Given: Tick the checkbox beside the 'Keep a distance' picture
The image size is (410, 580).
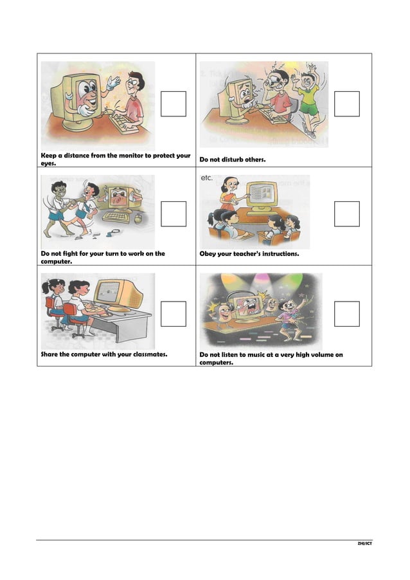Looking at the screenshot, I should (174, 104).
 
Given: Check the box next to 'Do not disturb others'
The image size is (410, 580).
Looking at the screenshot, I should (347, 104).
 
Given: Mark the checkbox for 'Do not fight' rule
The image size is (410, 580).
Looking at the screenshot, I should (174, 214).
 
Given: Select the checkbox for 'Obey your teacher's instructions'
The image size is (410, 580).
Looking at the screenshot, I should (347, 214).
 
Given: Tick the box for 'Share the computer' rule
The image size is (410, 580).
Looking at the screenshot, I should (174, 314).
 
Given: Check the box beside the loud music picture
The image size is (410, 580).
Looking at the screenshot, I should (347, 314).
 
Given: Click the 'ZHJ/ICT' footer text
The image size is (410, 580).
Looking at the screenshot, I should (364, 544).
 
